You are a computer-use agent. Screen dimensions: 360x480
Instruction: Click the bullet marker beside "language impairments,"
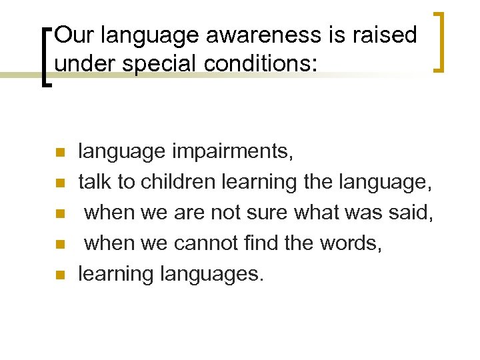59,153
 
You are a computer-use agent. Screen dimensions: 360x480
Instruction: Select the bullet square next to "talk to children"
59,183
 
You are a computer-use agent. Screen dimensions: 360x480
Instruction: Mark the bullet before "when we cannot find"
59,244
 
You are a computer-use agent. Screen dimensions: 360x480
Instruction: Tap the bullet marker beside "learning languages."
59,275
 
